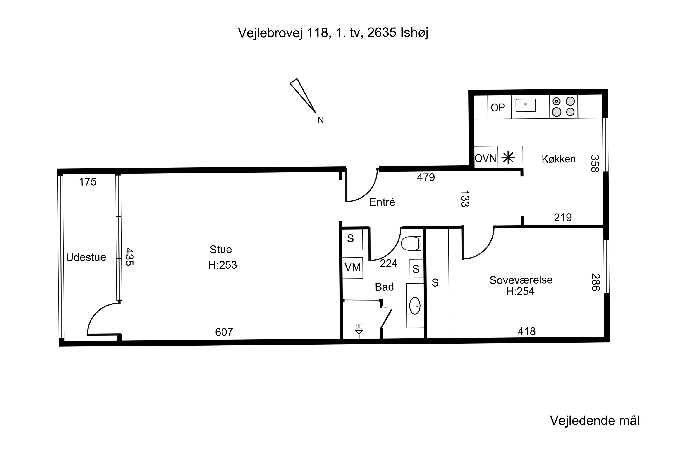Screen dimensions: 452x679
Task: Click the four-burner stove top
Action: pyautogui.click(x=563, y=107)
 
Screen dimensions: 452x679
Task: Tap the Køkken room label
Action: pyautogui.click(x=558, y=159)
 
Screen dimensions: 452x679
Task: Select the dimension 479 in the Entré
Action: pyautogui.click(x=426, y=177)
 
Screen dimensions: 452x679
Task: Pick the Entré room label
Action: pyautogui.click(x=382, y=202)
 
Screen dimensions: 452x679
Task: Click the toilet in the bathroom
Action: pyautogui.click(x=411, y=244)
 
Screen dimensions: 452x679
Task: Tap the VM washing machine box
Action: pyautogui.click(x=352, y=268)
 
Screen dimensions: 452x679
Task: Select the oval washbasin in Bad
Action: pyautogui.click(x=415, y=306)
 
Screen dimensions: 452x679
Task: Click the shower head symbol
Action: pyautogui.click(x=359, y=331)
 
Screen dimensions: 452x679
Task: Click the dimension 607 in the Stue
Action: pyautogui.click(x=224, y=332)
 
